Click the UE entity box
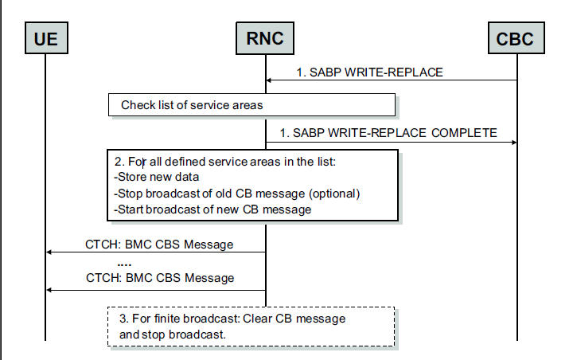coord(45,37)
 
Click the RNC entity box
coord(266,37)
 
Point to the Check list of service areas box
coord(251,104)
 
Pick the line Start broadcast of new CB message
coord(213,209)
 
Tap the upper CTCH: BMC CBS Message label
coord(159,245)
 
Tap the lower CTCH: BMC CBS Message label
coord(159,278)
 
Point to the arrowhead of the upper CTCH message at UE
coord(49,252)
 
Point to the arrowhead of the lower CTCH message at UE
coord(49,290)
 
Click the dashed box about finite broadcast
coord(251,326)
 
